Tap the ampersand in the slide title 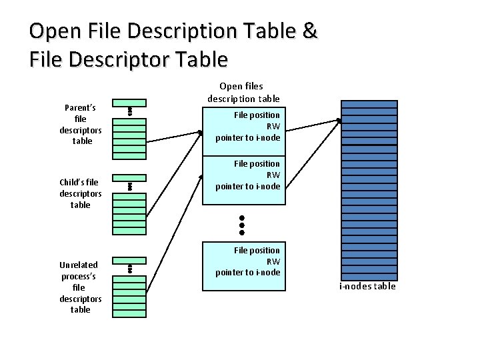tap(309, 31)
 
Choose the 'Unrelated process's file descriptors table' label tap(80, 287)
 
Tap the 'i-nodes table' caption tap(367, 287)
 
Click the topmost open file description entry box tap(243, 131)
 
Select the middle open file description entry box tap(243, 180)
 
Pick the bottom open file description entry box tap(243, 265)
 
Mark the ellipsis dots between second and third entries tap(243, 225)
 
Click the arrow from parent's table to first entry tap(173, 137)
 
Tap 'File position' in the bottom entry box tap(257, 250)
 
